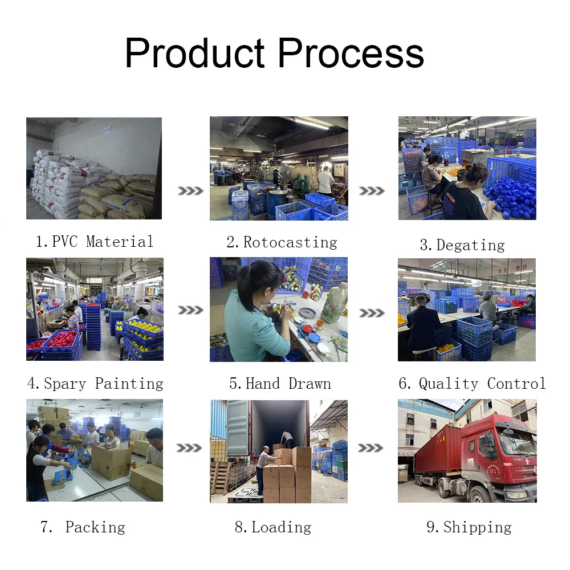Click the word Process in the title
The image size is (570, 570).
click(x=351, y=54)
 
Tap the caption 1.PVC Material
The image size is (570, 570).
click(x=95, y=242)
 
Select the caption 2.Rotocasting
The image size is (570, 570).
click(x=282, y=242)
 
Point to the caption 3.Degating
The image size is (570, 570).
click(x=462, y=245)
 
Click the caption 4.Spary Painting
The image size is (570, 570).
click(x=95, y=384)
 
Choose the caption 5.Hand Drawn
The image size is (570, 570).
click(x=280, y=384)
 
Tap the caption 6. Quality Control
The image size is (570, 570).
click(x=472, y=384)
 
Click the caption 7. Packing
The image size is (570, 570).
click(x=83, y=527)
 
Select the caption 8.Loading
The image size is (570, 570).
click(x=273, y=527)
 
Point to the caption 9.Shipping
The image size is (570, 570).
click(x=469, y=527)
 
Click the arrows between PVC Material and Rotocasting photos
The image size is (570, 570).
click(x=190, y=191)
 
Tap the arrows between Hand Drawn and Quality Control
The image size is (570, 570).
click(x=372, y=313)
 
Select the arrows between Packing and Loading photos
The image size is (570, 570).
click(x=190, y=449)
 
